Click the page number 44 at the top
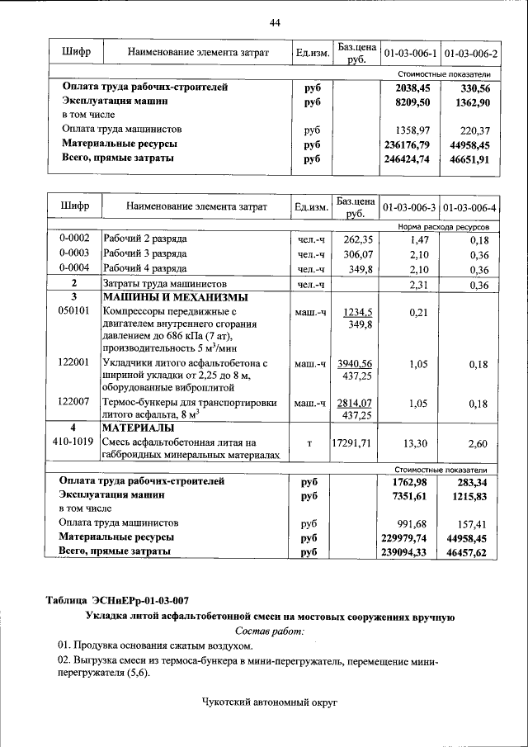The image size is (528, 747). [275, 22]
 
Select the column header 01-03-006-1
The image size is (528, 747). [410, 54]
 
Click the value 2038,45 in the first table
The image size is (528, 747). [413, 87]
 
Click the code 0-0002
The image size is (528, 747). [74, 239]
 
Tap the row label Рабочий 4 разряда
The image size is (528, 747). [144, 269]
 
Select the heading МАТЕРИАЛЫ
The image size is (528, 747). [138, 428]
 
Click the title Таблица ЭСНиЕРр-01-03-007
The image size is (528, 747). [122, 600]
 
